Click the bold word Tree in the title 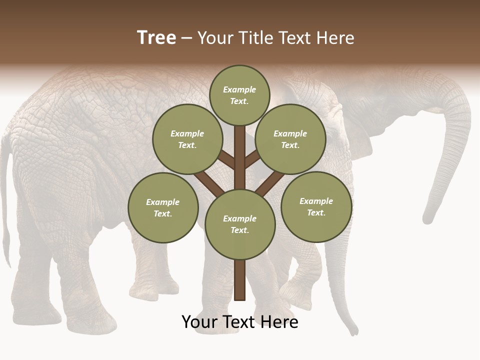[x=156, y=38]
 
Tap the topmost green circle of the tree [x=239, y=95]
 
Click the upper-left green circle [x=187, y=139]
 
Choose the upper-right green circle [x=290, y=139]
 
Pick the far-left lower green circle [x=163, y=208]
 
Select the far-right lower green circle [x=316, y=207]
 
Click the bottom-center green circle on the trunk [x=240, y=224]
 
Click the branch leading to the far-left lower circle [x=207, y=182]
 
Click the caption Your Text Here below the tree [x=240, y=322]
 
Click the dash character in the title [x=186, y=38]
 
